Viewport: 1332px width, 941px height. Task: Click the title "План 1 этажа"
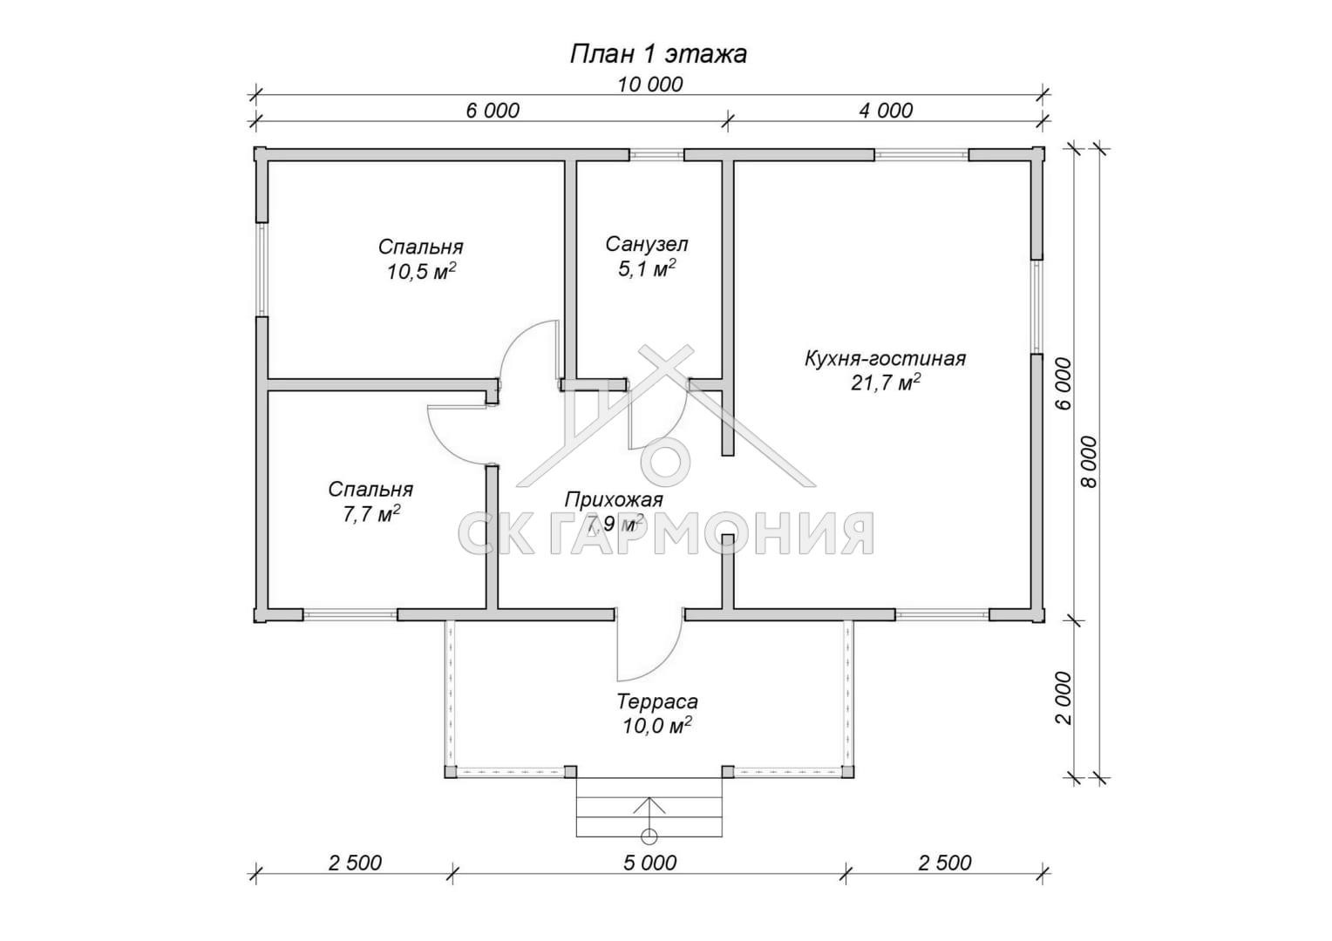tap(658, 55)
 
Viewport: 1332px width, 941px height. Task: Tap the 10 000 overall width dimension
tap(649, 85)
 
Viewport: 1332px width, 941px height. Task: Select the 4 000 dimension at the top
tap(886, 111)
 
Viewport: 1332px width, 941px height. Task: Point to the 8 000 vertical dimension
tap(1089, 462)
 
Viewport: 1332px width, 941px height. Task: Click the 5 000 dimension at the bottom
tap(650, 863)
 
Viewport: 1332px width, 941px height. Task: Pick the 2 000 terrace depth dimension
tap(1064, 698)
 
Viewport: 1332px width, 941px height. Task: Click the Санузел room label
tap(647, 244)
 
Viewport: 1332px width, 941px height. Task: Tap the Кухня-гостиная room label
tap(886, 358)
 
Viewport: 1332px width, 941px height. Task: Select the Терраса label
tap(657, 701)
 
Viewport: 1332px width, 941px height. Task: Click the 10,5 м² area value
tap(422, 272)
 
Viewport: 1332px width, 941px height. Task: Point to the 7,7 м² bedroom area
tap(370, 514)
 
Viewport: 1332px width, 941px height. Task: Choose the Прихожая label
tap(614, 499)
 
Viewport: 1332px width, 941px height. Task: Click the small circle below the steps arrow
tap(649, 836)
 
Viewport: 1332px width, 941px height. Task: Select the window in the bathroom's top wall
tap(656, 154)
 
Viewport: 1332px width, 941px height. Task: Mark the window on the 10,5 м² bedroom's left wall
tap(262, 269)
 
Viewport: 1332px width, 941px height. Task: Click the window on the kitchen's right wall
tap(1037, 307)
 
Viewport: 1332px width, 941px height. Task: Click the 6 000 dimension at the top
tap(493, 111)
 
